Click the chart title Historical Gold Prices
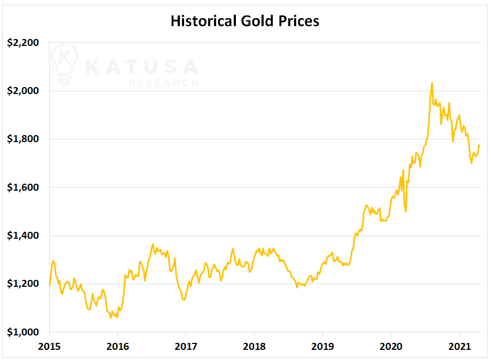245,21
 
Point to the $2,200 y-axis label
23,43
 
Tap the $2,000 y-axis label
23,91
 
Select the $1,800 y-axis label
23,139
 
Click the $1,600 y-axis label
23,187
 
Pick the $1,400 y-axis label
23,236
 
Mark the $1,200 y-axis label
23,284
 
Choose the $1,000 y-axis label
23,332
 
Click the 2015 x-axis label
49,347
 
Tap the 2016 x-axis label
117,347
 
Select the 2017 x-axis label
186,347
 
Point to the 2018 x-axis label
254,347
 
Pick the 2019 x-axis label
322,347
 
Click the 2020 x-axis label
391,347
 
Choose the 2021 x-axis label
460,347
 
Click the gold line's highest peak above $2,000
432,83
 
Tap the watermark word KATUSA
141,67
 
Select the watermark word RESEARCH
163,83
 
